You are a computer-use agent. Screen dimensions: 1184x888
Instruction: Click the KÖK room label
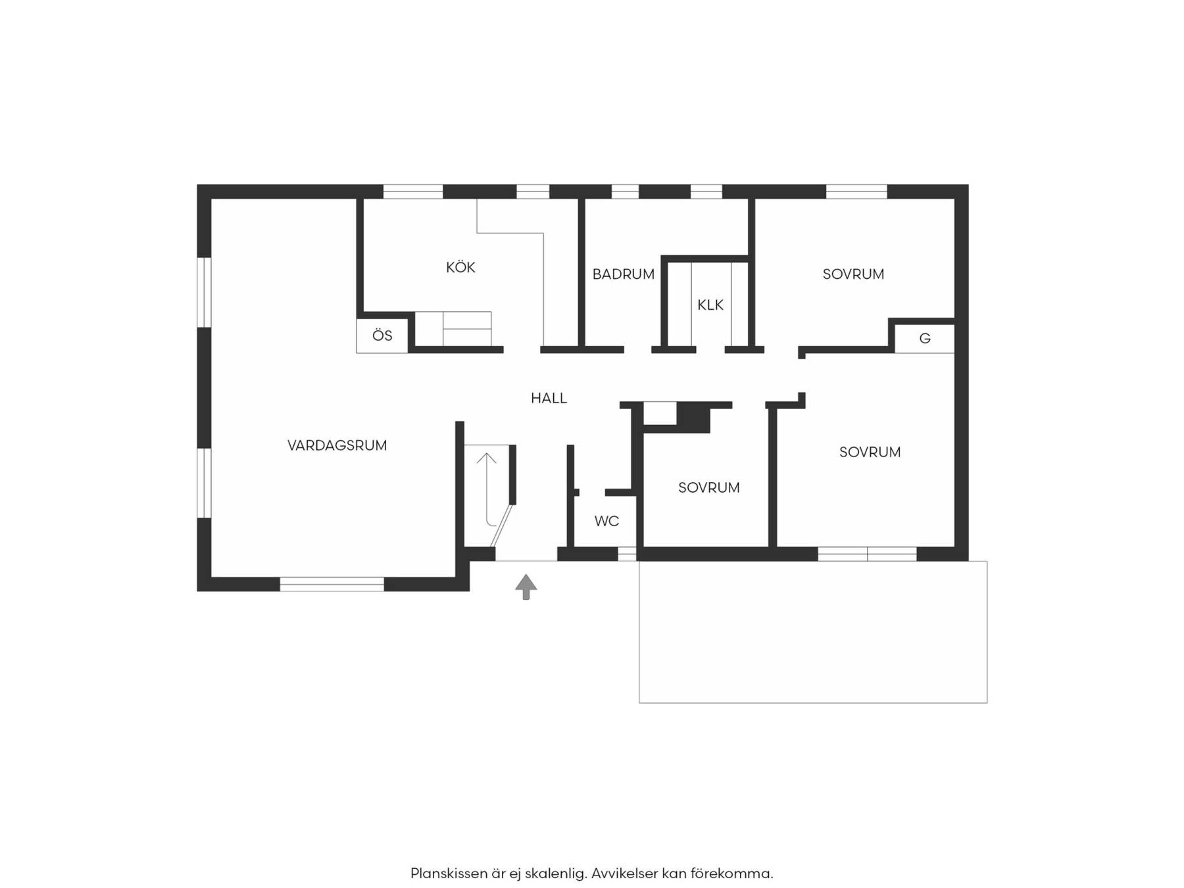click(460, 267)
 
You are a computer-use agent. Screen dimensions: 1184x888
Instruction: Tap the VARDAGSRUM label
click(337, 445)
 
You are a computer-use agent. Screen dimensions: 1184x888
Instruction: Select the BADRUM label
click(623, 274)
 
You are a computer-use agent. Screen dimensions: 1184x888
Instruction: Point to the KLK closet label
click(710, 305)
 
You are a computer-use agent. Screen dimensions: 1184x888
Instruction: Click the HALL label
click(549, 398)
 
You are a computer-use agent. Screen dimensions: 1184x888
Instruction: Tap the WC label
click(606, 521)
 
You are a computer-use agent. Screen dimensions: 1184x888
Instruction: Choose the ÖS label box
click(382, 335)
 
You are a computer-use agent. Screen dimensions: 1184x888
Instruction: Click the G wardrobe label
click(925, 339)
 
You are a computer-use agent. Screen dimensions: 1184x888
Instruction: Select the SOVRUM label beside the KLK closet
click(853, 274)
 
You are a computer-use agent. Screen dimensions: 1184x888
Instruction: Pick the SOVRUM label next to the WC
click(709, 487)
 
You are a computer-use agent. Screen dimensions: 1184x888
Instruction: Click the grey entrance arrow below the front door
click(526, 587)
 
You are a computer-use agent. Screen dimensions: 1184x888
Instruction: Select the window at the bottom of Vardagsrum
click(332, 584)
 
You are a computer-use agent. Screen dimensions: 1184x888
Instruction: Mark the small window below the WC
click(627, 554)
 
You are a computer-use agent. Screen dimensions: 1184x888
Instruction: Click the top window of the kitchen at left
click(413, 191)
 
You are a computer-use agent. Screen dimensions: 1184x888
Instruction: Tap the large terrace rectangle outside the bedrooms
click(813, 631)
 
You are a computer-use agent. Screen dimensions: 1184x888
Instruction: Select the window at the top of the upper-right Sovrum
click(856, 191)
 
